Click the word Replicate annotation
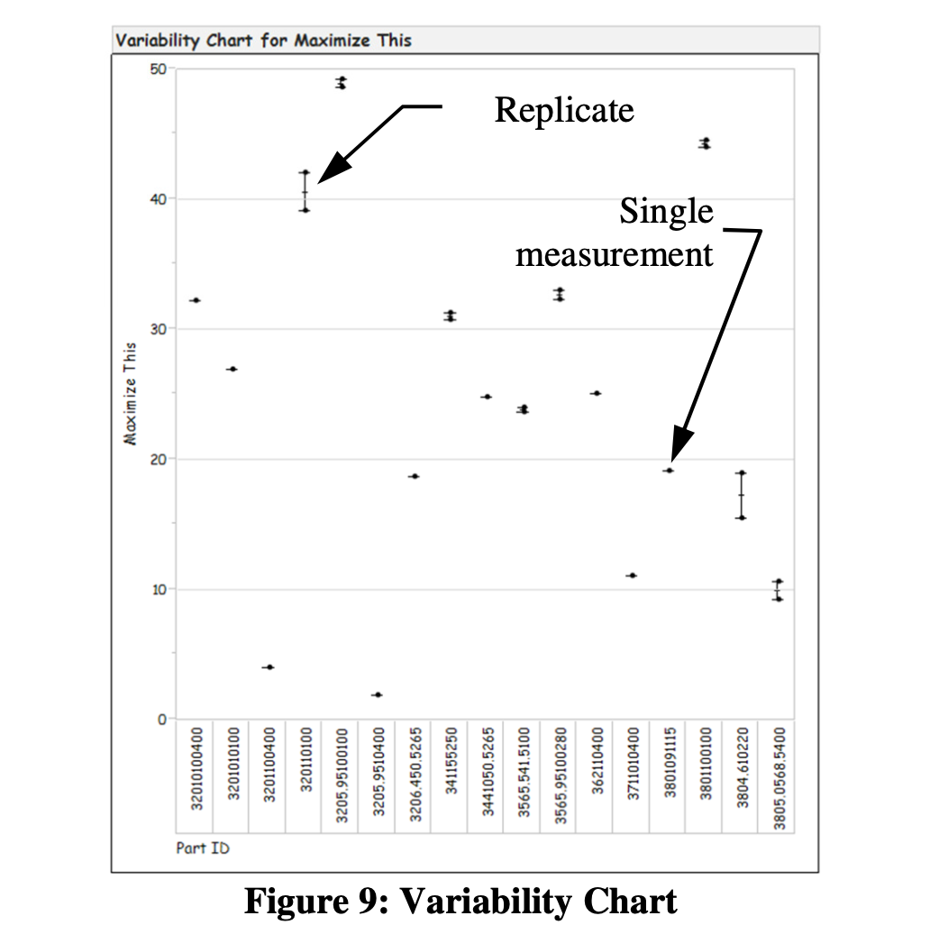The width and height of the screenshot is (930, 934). (564, 110)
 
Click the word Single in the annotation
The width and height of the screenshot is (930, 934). (666, 212)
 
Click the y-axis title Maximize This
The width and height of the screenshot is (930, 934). (132, 393)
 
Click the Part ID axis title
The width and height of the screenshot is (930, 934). (203, 847)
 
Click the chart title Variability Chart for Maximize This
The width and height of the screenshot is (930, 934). (263, 41)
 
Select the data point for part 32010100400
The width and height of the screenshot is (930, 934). (196, 300)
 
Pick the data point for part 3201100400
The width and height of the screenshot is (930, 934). (268, 667)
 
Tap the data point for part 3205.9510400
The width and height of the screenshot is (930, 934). (378, 695)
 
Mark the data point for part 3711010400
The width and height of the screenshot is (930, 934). (632, 575)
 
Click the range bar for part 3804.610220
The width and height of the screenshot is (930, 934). (741, 495)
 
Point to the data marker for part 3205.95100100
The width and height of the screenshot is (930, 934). (342, 83)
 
